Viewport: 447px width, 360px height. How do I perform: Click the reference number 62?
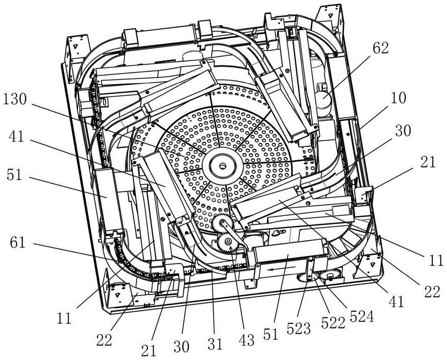380,49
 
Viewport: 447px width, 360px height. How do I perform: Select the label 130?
14,100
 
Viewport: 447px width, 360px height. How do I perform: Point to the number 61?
18,244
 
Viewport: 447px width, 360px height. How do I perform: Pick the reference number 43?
247,339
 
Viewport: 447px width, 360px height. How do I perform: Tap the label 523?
299,329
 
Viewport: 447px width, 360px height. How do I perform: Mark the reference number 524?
362,316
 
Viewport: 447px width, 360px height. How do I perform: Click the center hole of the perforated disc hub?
222,165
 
